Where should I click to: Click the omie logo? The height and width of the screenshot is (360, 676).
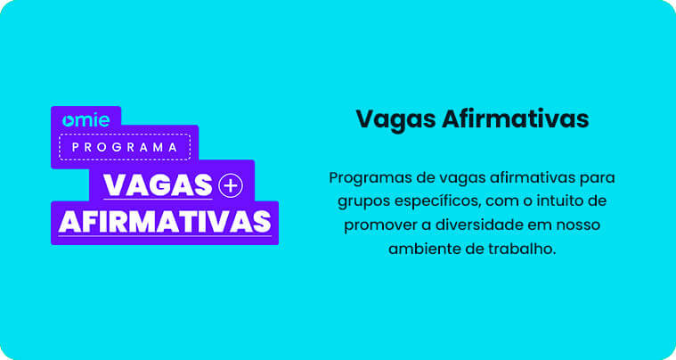click(86, 120)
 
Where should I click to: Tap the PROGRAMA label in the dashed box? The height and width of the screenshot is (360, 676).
click(125, 147)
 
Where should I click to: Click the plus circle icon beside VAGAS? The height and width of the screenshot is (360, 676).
click(230, 184)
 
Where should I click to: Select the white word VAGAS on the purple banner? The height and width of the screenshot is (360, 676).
click(159, 184)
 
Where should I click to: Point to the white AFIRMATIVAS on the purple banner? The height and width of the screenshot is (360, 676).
click(165, 221)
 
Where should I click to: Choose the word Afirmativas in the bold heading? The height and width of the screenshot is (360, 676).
click(515, 119)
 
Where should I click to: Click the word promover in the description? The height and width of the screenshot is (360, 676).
click(378, 225)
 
